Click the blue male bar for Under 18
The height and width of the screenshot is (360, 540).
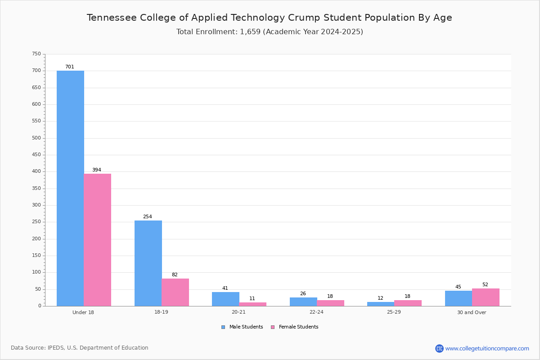pyautogui.click(x=70, y=188)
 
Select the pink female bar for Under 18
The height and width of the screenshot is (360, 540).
pyautogui.click(x=97, y=240)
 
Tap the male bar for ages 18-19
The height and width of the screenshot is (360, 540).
pyautogui.click(x=148, y=263)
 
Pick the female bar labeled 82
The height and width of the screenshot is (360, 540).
pyautogui.click(x=175, y=292)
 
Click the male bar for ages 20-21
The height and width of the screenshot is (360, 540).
pyautogui.click(x=225, y=299)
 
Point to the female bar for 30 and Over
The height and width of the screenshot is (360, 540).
pyautogui.click(x=486, y=297)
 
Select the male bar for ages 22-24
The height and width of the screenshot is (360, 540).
pyautogui.click(x=303, y=302)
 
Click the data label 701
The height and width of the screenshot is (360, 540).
pyautogui.click(x=70, y=67)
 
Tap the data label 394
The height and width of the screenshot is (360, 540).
pyautogui.click(x=97, y=170)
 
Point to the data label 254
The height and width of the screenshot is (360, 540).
pyautogui.click(x=148, y=216)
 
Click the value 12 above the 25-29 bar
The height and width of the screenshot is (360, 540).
pyautogui.click(x=380, y=298)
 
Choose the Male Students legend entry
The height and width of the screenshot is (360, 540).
pyautogui.click(x=242, y=327)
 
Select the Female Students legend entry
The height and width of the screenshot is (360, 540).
pyautogui.click(x=295, y=327)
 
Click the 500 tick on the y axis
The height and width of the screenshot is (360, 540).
pyautogui.click(x=36, y=138)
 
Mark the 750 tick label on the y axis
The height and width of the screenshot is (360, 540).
pyautogui.click(x=36, y=54)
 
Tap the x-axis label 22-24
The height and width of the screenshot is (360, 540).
pyautogui.click(x=316, y=312)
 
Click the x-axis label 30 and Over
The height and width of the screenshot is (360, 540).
pyautogui.click(x=472, y=312)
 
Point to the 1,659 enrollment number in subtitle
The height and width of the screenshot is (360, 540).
pyautogui.click(x=250, y=32)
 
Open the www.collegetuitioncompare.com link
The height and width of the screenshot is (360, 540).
pyautogui.click(x=487, y=348)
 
